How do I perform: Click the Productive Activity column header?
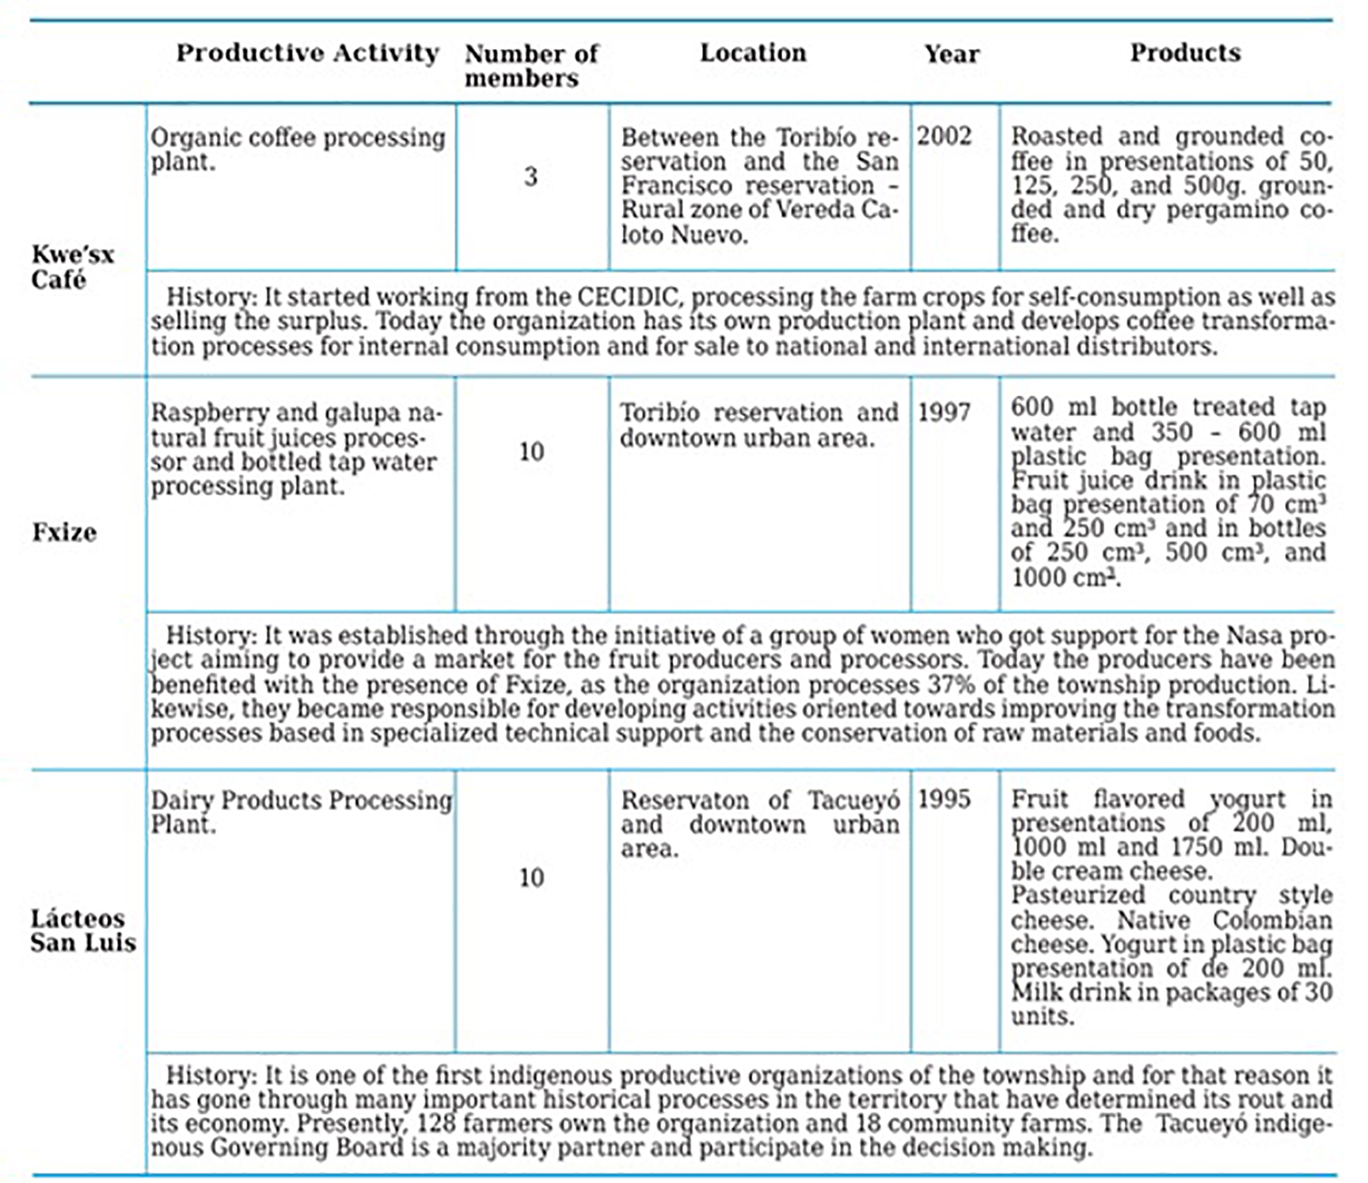click(307, 53)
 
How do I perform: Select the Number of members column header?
click(531, 66)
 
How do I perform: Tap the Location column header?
click(753, 53)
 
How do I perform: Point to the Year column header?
click(952, 54)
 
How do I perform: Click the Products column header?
click(1185, 53)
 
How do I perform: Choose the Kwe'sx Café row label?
click(73, 267)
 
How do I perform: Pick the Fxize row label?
click(64, 532)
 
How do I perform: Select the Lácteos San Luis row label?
click(83, 930)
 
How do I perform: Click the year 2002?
click(944, 136)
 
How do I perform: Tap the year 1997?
click(944, 412)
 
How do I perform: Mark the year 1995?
click(944, 799)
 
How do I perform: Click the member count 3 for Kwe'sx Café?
click(530, 177)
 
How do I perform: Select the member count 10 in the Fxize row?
click(531, 452)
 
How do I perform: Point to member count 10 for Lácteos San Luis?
click(531, 877)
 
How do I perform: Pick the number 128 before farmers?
click(435, 1124)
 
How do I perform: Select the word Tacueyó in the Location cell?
click(853, 800)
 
